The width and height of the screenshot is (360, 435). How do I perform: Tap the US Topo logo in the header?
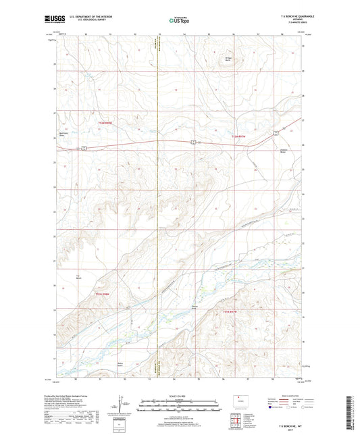(179, 21)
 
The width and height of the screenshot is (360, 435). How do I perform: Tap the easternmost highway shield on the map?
(276, 133)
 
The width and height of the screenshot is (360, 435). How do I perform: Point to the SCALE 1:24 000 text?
(180, 396)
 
